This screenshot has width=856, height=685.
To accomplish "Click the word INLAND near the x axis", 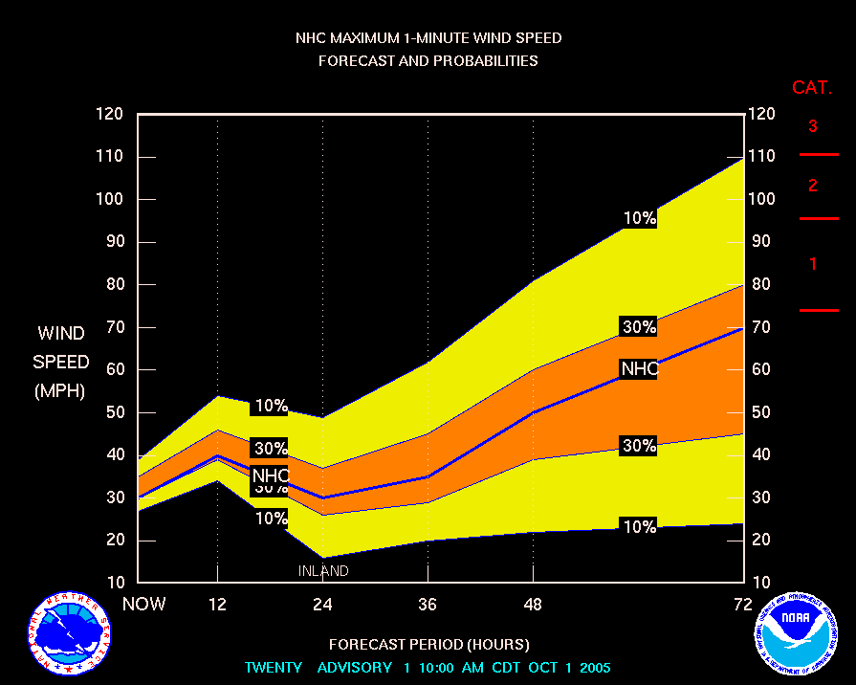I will pos(323,571).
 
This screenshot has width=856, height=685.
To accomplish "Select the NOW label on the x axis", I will pos(144,604).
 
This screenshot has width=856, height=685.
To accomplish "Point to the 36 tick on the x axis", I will pos(428,604).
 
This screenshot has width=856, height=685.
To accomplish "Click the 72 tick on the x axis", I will pos(743,604).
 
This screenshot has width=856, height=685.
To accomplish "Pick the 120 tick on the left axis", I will pos(110,114).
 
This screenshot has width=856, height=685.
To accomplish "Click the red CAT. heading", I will pos(812,88).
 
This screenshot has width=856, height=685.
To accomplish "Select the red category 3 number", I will pos(813,126).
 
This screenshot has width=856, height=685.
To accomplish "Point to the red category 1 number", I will pos(813,264).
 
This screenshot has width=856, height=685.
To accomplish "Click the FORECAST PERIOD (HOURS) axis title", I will pos(428,644).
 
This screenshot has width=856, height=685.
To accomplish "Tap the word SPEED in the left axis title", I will pos(61,363).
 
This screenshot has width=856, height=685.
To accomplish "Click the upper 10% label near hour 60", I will pos(639,218).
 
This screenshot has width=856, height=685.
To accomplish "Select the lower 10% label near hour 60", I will pos(639,526).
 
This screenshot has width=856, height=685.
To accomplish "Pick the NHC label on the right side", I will pos(639,369).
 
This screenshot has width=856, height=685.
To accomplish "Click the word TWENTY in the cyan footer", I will pos(274,667).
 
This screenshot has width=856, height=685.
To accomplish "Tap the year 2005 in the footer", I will pos(593,667).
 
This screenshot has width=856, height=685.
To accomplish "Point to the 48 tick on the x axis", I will pos(533,604).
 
